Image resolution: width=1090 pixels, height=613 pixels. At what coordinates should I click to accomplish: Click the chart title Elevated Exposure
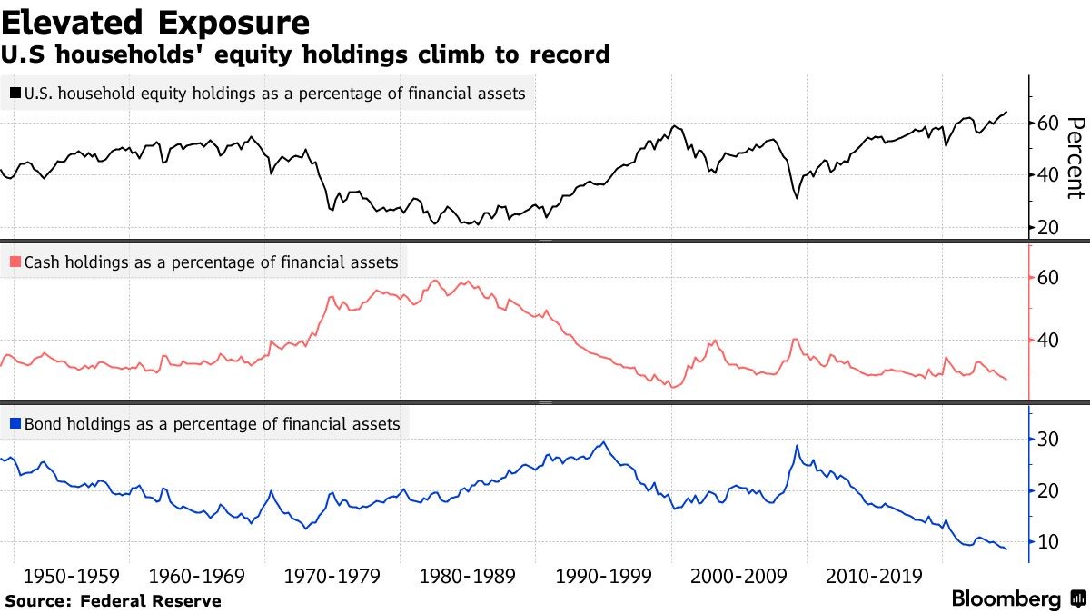pos(155,22)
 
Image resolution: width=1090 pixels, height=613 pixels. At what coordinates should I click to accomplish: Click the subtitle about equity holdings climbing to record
pos(307,55)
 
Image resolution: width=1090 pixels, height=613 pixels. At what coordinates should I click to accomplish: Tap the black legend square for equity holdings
pos(15,94)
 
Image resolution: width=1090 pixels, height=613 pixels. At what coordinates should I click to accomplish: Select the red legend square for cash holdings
pos(15,262)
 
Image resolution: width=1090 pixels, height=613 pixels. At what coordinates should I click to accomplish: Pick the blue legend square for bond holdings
pos(15,423)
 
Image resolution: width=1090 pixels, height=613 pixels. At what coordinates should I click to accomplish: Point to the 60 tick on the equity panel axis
pos(1048,124)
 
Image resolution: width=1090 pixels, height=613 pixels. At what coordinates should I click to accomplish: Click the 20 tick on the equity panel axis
pos(1048,227)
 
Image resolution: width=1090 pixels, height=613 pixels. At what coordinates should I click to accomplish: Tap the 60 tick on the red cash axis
pos(1048,278)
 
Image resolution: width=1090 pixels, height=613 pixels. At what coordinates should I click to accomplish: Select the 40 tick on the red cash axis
pos(1048,341)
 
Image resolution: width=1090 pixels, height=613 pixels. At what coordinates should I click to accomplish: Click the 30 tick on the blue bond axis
pos(1048,440)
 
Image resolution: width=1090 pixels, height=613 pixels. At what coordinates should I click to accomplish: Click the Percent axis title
pos(1075,157)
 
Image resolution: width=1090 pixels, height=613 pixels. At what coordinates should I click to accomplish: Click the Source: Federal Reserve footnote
pos(113,600)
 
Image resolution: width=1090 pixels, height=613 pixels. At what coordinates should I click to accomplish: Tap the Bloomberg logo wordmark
pos(1006,599)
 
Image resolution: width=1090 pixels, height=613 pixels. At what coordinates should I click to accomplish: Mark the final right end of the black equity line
pos(1006,112)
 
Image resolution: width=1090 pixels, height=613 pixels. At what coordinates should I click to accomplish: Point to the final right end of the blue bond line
pos(1006,549)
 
